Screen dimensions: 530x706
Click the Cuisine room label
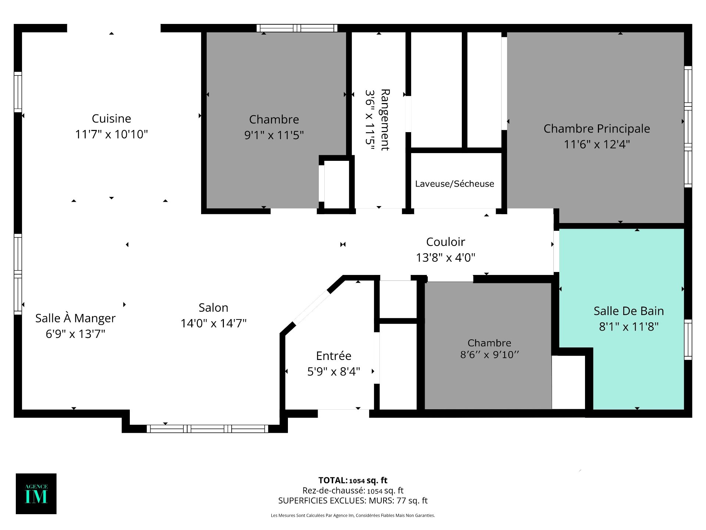[111, 119]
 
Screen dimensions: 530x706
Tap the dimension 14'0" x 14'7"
[213, 323]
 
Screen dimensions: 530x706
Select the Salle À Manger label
[75, 318]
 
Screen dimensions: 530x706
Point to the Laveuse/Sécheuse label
[454, 184]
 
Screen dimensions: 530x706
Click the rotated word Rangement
[385, 120]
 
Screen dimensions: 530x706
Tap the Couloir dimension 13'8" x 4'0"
[445, 257]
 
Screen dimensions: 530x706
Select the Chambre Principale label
[596, 128]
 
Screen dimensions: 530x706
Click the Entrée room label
[334, 356]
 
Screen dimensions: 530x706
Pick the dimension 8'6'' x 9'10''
[489, 354]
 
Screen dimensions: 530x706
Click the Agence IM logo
[36, 494]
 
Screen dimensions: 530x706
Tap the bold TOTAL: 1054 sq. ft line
[353, 480]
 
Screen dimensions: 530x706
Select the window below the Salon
[207, 428]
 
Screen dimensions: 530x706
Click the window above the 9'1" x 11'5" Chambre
[297, 28]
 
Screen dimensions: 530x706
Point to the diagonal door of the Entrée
[311, 308]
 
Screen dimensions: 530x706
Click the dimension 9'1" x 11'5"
[274, 135]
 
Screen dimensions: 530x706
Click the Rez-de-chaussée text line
[353, 491]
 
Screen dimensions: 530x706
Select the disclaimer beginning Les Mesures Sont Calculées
[353, 515]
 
